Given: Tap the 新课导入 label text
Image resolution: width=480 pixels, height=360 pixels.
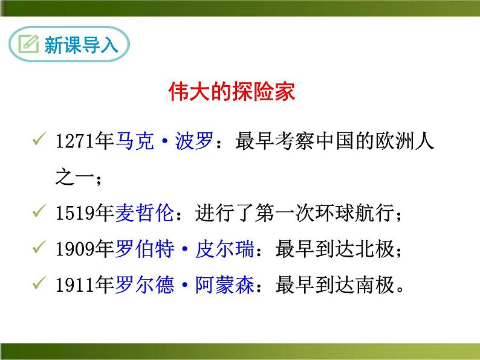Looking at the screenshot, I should (80, 45).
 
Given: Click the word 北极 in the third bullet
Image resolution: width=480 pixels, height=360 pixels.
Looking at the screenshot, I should (374, 248).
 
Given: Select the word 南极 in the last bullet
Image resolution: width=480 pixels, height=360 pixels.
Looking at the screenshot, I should (374, 283).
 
